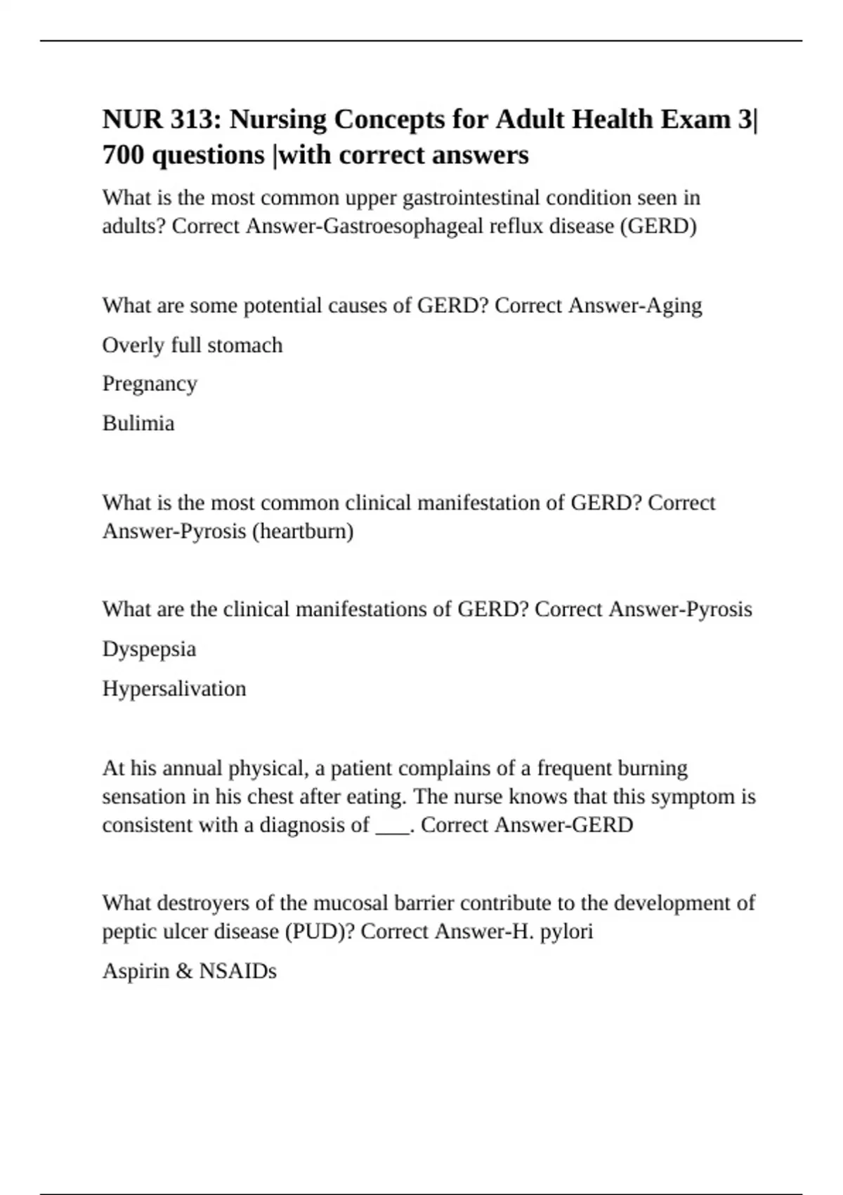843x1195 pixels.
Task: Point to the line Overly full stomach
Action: coord(192,345)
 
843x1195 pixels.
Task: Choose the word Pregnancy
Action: coord(150,384)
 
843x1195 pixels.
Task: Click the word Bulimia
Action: coord(138,423)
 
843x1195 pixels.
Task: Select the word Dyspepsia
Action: coord(149,649)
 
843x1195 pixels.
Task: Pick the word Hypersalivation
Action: coord(174,688)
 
